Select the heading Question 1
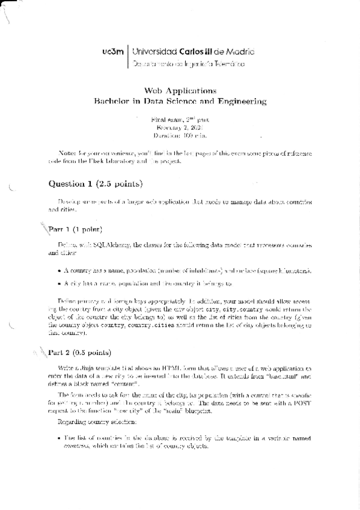[x=75, y=183]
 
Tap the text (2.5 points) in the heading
[x=123, y=183]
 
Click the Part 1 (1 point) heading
[x=76, y=230]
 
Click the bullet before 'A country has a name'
[x=58, y=271]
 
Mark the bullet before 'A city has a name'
[x=58, y=283]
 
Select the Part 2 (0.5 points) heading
[x=79, y=352]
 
